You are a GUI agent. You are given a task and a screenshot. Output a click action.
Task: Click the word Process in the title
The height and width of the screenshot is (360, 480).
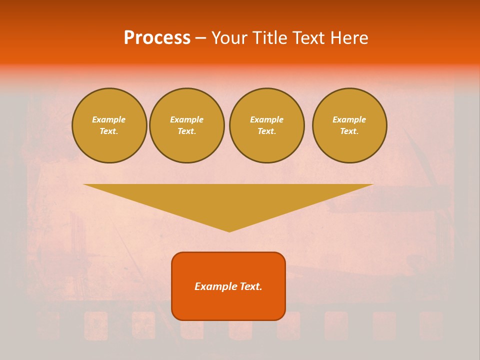tap(157, 38)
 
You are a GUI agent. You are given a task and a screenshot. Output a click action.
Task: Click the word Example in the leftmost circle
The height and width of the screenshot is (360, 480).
tap(109, 119)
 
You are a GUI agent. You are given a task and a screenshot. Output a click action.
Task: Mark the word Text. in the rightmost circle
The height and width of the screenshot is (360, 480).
tap(349, 131)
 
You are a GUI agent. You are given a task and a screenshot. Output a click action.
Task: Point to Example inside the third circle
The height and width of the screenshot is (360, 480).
tap(267, 119)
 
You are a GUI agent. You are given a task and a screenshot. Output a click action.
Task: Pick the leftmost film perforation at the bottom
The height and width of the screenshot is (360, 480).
tap(47, 325)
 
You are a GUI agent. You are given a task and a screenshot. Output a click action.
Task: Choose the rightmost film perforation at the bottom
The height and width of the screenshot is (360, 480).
tap(431, 325)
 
